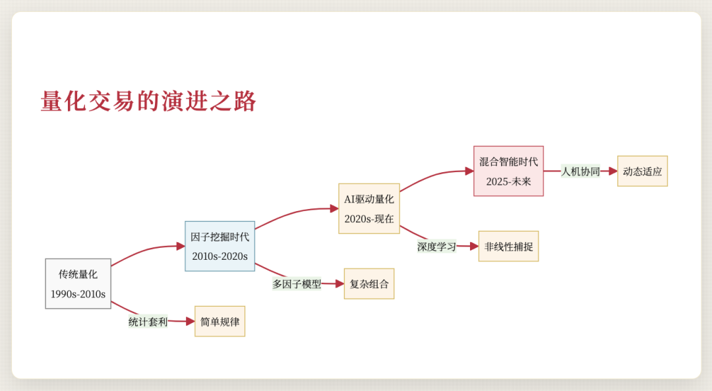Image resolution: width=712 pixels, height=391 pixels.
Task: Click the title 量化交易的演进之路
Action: click(148, 102)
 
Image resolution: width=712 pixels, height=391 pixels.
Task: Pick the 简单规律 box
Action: click(220, 322)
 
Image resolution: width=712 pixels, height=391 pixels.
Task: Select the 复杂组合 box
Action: click(369, 284)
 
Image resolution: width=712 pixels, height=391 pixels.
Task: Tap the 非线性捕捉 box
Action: click(508, 247)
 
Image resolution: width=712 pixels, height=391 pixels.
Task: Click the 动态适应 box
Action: click(642, 171)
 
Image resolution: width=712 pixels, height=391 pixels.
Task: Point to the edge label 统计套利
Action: click(148, 322)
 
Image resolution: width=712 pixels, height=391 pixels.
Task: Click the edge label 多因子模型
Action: click(297, 284)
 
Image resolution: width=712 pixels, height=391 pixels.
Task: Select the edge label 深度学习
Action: click(436, 247)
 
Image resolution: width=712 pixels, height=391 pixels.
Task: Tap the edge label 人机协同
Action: click(580, 171)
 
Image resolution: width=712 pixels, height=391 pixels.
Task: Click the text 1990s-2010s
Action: click(78, 294)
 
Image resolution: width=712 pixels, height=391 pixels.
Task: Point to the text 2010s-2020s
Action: click(220, 256)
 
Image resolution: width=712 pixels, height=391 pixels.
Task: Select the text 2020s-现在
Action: click(369, 218)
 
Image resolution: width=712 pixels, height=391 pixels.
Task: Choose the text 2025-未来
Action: click(508, 181)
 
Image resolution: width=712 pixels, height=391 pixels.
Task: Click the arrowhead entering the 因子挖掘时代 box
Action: click(181, 247)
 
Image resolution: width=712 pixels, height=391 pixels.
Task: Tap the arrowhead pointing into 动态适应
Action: click(613, 171)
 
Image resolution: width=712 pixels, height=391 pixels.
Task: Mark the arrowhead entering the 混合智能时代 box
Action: click(469, 171)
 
